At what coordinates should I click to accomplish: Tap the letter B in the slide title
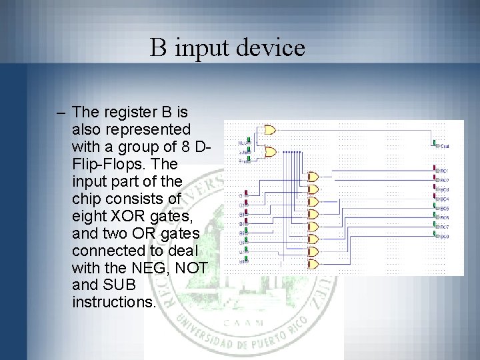(158, 47)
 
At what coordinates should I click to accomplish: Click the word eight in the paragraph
(89, 216)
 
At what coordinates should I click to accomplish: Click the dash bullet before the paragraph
(61, 111)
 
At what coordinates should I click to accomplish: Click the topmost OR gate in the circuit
(269, 129)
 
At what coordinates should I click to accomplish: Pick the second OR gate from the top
(269, 152)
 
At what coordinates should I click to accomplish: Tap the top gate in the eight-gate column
(314, 176)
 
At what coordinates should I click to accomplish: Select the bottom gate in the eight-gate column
(314, 265)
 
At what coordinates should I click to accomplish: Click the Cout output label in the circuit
(445, 145)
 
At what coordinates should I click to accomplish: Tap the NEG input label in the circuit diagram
(243, 143)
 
